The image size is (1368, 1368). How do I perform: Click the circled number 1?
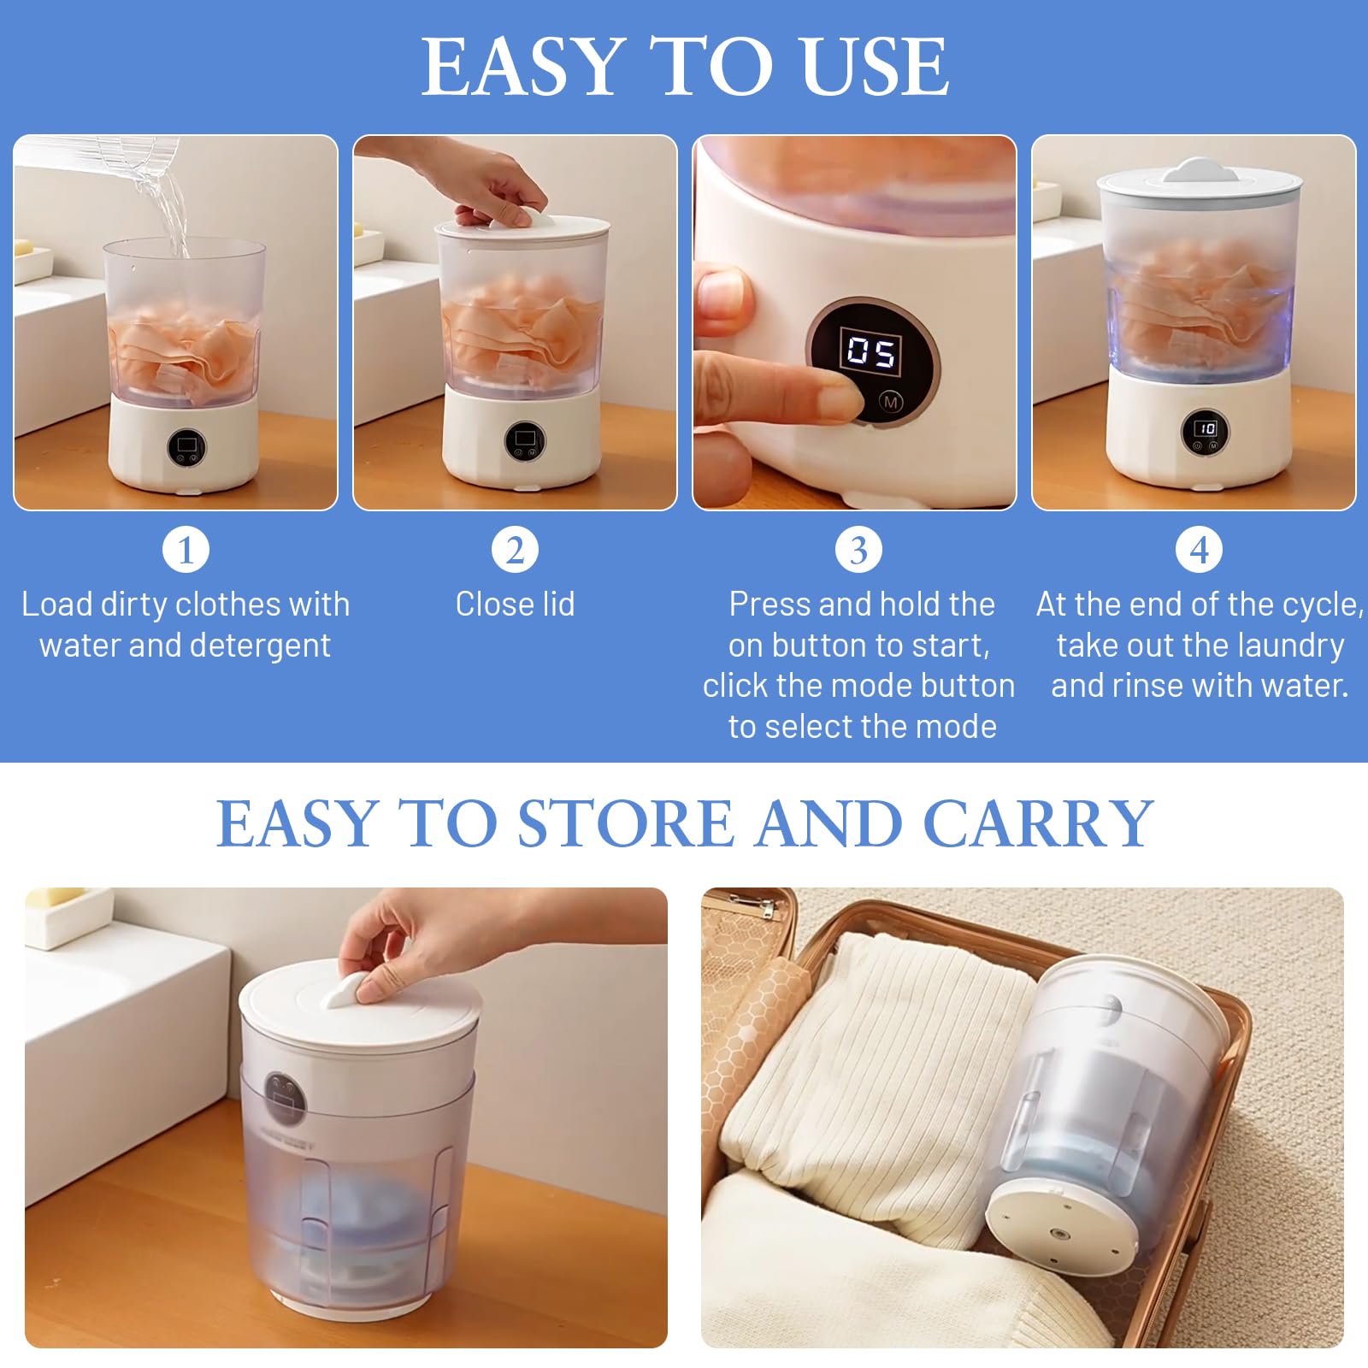(x=186, y=549)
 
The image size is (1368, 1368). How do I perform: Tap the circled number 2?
(x=515, y=549)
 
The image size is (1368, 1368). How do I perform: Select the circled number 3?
(x=858, y=549)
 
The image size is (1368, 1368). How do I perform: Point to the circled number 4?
(x=1200, y=549)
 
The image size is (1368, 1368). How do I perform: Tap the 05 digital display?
(x=871, y=351)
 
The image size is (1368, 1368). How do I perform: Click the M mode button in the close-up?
(x=891, y=401)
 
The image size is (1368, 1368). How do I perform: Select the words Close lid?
(x=515, y=604)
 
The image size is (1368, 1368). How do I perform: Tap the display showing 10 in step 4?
(x=1206, y=427)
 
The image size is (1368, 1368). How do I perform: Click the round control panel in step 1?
(x=186, y=445)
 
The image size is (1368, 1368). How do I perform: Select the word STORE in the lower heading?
(x=625, y=823)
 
